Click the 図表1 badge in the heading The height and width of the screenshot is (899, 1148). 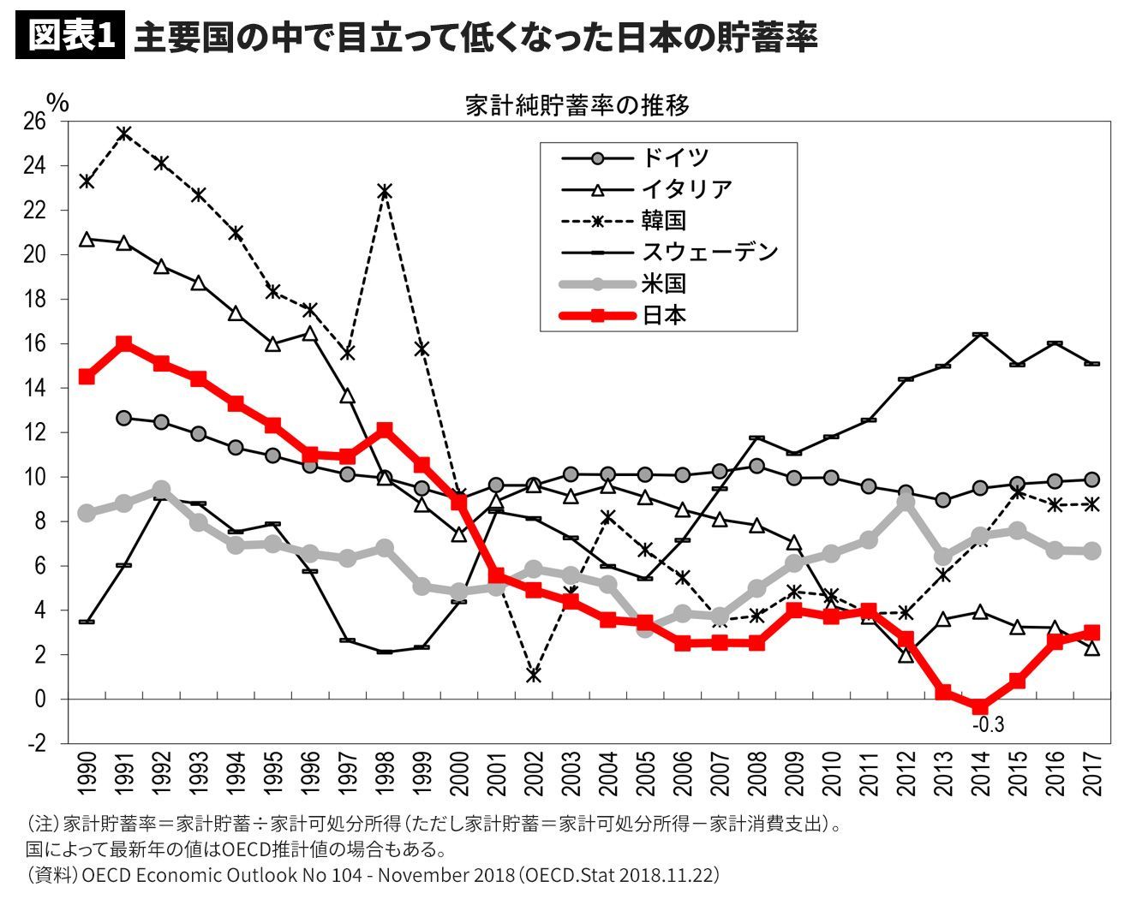pos(70,37)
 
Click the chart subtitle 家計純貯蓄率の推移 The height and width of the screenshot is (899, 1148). pos(577,105)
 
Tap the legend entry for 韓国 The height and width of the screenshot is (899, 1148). pos(664,220)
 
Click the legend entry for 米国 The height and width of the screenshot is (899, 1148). pos(664,283)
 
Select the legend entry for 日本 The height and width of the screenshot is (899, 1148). pos(664,315)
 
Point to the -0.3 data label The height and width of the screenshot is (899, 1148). pos(988,725)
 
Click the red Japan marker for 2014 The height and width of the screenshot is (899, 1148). pos(979,706)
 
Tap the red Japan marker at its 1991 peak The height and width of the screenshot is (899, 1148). pos(123,343)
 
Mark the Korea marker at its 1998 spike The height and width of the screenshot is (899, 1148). pos(385,191)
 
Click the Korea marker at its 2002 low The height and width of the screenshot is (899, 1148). pos(534,675)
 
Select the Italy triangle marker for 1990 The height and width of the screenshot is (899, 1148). pos(87,240)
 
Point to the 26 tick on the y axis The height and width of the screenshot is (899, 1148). pos(34,121)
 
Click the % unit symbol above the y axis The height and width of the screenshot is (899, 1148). pos(57,101)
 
